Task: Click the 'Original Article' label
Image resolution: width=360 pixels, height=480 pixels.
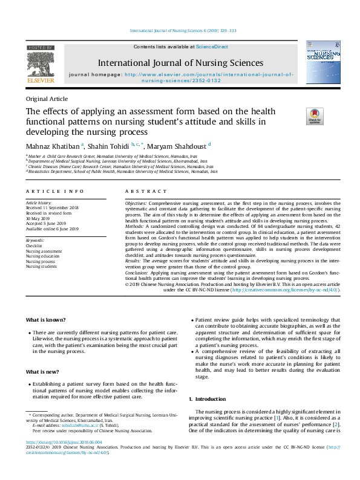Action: click(x=47, y=99)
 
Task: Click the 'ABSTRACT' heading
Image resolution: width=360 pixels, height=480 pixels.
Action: click(x=140, y=191)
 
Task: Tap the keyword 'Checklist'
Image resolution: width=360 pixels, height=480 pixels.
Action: click(x=34, y=246)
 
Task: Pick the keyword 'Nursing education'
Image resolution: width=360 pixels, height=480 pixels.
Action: click(x=44, y=256)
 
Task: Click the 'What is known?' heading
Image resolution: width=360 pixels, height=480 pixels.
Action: click(x=46, y=320)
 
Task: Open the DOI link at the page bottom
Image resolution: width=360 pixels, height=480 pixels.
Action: click(x=67, y=442)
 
